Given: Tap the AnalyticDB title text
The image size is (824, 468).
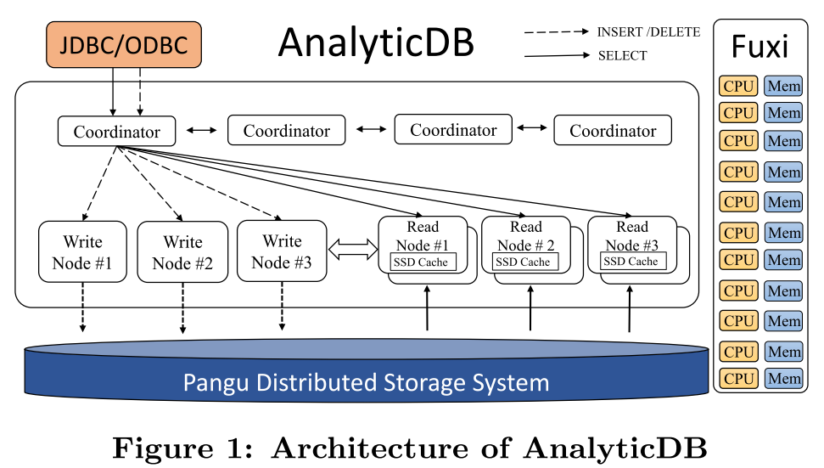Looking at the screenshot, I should (x=376, y=42).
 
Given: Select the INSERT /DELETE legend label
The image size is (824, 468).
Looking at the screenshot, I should (x=648, y=31).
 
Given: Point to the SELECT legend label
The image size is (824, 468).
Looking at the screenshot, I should (x=622, y=56).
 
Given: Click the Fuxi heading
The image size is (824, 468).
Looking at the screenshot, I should (x=760, y=47).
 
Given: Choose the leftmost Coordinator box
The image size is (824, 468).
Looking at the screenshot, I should (x=116, y=132).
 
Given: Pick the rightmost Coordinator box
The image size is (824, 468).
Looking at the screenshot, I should (x=612, y=131).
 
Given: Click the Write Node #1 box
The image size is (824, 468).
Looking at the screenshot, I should (x=82, y=252).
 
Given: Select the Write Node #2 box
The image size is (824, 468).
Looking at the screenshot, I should (x=182, y=252).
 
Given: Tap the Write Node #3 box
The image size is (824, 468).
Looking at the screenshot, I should (x=282, y=251).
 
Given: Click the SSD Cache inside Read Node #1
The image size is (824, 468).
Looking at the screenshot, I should (x=423, y=262).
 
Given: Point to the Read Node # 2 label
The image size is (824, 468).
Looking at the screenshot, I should (x=525, y=236).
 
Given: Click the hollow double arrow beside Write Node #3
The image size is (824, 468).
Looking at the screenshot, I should (x=352, y=249).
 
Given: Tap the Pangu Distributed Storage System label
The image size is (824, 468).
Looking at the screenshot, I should (x=366, y=382).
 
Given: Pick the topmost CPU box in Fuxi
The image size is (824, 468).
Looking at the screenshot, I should (x=738, y=86).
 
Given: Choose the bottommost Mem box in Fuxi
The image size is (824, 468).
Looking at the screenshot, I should (x=783, y=378).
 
